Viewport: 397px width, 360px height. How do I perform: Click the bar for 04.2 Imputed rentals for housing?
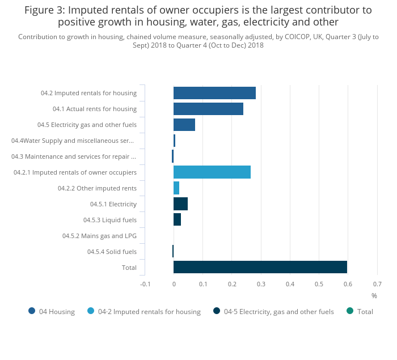(214, 93)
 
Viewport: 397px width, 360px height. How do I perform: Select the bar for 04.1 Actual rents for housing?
(208, 109)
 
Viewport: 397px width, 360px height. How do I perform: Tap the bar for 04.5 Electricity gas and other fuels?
(184, 125)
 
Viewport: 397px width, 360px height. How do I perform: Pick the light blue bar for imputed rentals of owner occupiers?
(212, 172)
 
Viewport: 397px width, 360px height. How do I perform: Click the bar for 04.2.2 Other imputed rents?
(176, 188)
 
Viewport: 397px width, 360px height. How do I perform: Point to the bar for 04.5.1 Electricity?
(180, 204)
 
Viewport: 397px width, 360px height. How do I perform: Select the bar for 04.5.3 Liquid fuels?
(177, 220)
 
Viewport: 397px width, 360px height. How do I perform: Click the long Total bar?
(260, 267)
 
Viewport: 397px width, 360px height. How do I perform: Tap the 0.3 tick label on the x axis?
(261, 284)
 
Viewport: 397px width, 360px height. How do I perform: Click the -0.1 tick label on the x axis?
(145, 284)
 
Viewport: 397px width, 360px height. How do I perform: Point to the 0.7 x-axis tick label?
(377, 284)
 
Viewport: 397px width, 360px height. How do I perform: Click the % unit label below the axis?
(374, 296)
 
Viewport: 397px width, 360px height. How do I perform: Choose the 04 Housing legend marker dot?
(32, 311)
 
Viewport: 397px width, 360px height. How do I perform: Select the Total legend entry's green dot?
(350, 311)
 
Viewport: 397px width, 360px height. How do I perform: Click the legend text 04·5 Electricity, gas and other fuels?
(278, 311)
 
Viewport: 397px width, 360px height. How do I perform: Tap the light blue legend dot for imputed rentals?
(91, 311)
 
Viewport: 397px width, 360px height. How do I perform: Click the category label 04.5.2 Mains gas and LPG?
(99, 236)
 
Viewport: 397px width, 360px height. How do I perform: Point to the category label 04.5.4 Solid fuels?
(112, 252)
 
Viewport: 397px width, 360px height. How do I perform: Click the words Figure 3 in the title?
(45, 10)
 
